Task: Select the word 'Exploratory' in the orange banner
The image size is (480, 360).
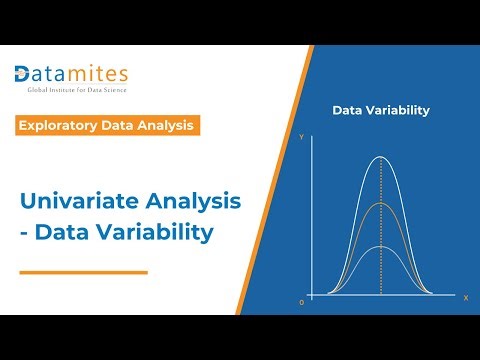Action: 60,125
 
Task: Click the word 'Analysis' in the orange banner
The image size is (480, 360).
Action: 160,125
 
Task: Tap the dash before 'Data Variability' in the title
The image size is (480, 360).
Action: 25,233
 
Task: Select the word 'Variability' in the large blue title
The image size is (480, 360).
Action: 155,233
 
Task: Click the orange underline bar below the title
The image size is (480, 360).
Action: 83,271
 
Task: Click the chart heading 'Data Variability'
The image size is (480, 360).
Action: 381,110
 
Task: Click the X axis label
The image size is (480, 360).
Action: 465,297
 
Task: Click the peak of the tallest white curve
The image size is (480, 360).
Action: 380,157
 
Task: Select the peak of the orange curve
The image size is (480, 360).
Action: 380,203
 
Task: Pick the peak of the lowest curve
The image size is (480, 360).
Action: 380,246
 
